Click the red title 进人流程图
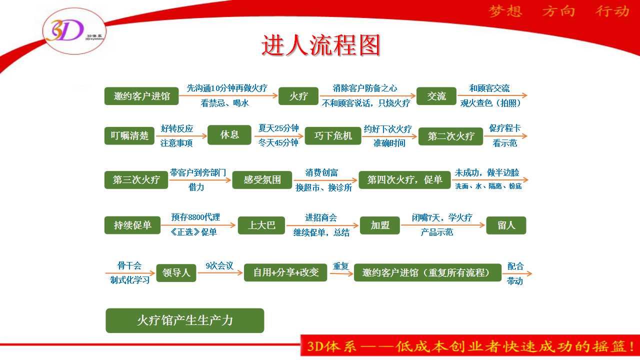coord(320,45)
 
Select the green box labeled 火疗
coord(298,96)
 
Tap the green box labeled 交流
coord(436,96)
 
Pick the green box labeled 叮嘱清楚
coord(129,135)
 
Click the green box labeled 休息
coord(229,135)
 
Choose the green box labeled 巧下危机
coord(333,135)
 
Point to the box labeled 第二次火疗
coord(451,136)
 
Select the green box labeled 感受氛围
coord(262,179)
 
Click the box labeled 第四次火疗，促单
coord(404,179)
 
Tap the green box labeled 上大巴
coord(261,225)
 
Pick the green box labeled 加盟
coord(379,225)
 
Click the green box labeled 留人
coord(506,225)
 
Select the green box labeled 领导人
coord(176,273)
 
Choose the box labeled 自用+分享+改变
coord(285,272)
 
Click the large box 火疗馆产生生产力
coord(185,320)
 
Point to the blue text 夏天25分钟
coord(278,128)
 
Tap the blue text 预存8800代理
coord(195,217)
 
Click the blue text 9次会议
coord(219,266)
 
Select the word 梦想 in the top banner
coord(505,11)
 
